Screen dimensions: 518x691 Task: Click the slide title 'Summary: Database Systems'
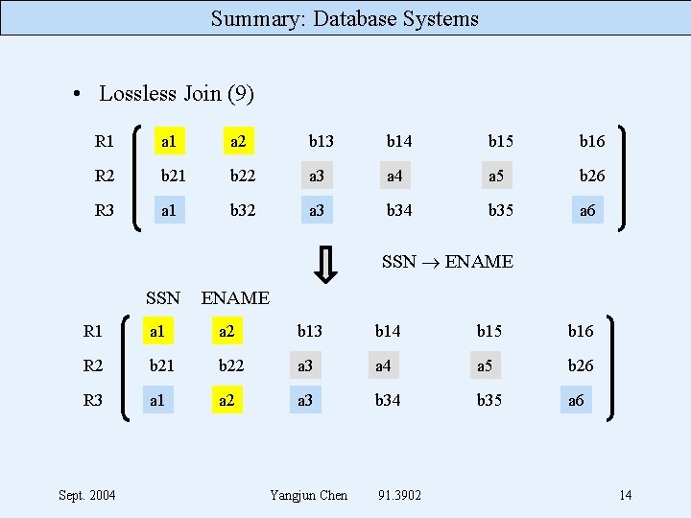click(345, 18)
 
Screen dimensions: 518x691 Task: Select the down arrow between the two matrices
click(326, 266)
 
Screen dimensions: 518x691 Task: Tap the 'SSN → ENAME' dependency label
click(447, 261)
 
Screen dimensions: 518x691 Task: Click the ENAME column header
click(235, 298)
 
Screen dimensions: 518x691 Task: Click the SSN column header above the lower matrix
click(163, 298)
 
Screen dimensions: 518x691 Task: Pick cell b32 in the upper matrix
click(242, 209)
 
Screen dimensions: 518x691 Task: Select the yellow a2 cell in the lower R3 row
click(226, 400)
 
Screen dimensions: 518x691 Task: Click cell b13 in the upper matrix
click(321, 142)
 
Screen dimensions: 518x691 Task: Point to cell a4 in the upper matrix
click(394, 176)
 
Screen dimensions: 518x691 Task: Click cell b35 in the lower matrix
click(489, 400)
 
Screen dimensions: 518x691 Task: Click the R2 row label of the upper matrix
click(105, 176)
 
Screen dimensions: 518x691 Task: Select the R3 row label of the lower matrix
click(93, 400)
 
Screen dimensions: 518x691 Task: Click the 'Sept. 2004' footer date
click(87, 495)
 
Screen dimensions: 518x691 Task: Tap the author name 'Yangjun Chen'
click(309, 495)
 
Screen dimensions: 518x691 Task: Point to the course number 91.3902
click(400, 495)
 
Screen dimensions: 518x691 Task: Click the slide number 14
click(625, 495)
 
